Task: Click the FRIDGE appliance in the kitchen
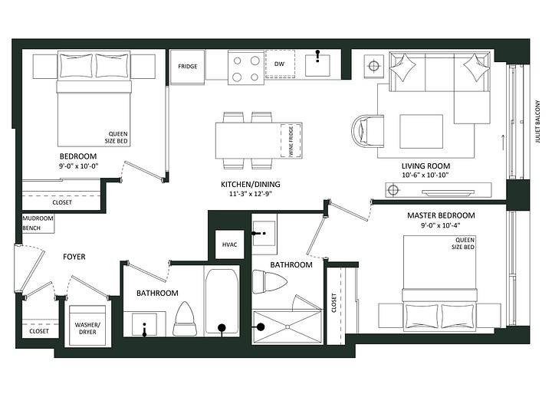pyautogui.click(x=187, y=67)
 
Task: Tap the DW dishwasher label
pyautogui.click(x=279, y=64)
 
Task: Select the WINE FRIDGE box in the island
pyautogui.click(x=291, y=141)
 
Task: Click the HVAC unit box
pyautogui.click(x=229, y=244)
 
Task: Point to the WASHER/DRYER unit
pyautogui.click(x=87, y=325)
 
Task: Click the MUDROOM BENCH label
pyautogui.click(x=38, y=223)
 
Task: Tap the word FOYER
pyautogui.click(x=74, y=257)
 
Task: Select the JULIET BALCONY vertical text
pyautogui.click(x=537, y=122)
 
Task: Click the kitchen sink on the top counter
pyautogui.click(x=317, y=65)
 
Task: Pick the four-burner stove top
pyautogui.click(x=246, y=68)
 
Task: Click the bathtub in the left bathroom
pyautogui.click(x=222, y=301)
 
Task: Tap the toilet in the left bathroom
pyautogui.click(x=185, y=319)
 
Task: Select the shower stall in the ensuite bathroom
pyautogui.click(x=287, y=326)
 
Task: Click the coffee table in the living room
pyautogui.click(x=422, y=132)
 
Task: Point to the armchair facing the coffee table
pyautogui.click(x=368, y=130)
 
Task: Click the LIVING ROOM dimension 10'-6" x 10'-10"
pyautogui.click(x=426, y=175)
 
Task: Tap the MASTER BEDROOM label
pyautogui.click(x=441, y=215)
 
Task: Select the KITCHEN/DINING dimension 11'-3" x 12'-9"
pyautogui.click(x=250, y=194)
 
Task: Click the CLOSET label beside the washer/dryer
pyautogui.click(x=39, y=331)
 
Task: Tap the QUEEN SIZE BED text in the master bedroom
pyautogui.click(x=463, y=244)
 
